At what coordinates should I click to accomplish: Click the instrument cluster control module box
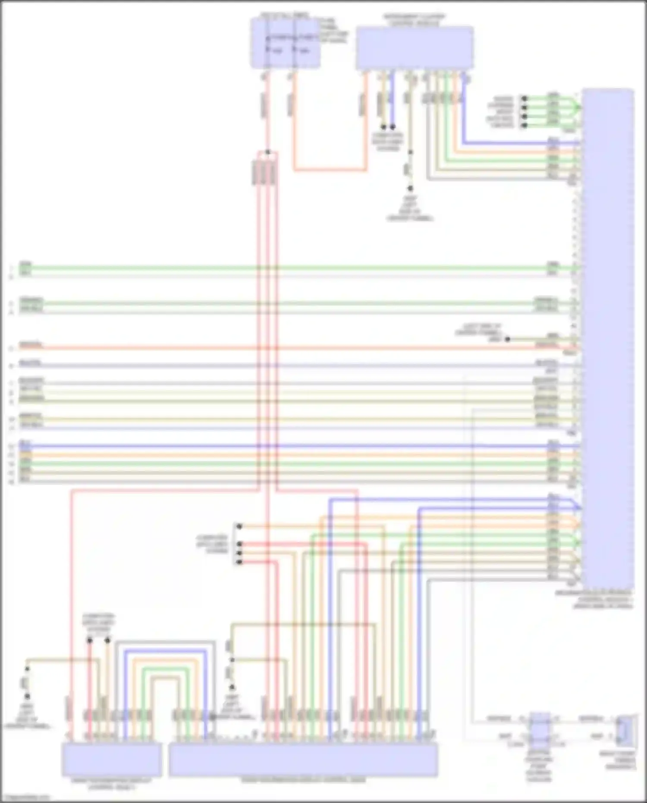pyautogui.click(x=414, y=47)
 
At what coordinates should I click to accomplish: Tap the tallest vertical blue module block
pyautogui.click(x=607, y=337)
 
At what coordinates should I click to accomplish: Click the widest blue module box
pyautogui.click(x=303, y=759)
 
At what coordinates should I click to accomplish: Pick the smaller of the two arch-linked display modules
pyautogui.click(x=112, y=759)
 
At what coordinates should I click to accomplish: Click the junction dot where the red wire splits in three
pyautogui.click(x=268, y=152)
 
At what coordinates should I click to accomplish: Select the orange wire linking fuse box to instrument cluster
pyautogui.click(x=330, y=170)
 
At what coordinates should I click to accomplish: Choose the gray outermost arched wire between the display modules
pyautogui.click(x=165, y=642)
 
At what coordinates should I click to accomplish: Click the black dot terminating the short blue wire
pyautogui.click(x=393, y=127)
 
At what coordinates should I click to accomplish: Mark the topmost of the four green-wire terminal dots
pyautogui.click(x=525, y=98)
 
